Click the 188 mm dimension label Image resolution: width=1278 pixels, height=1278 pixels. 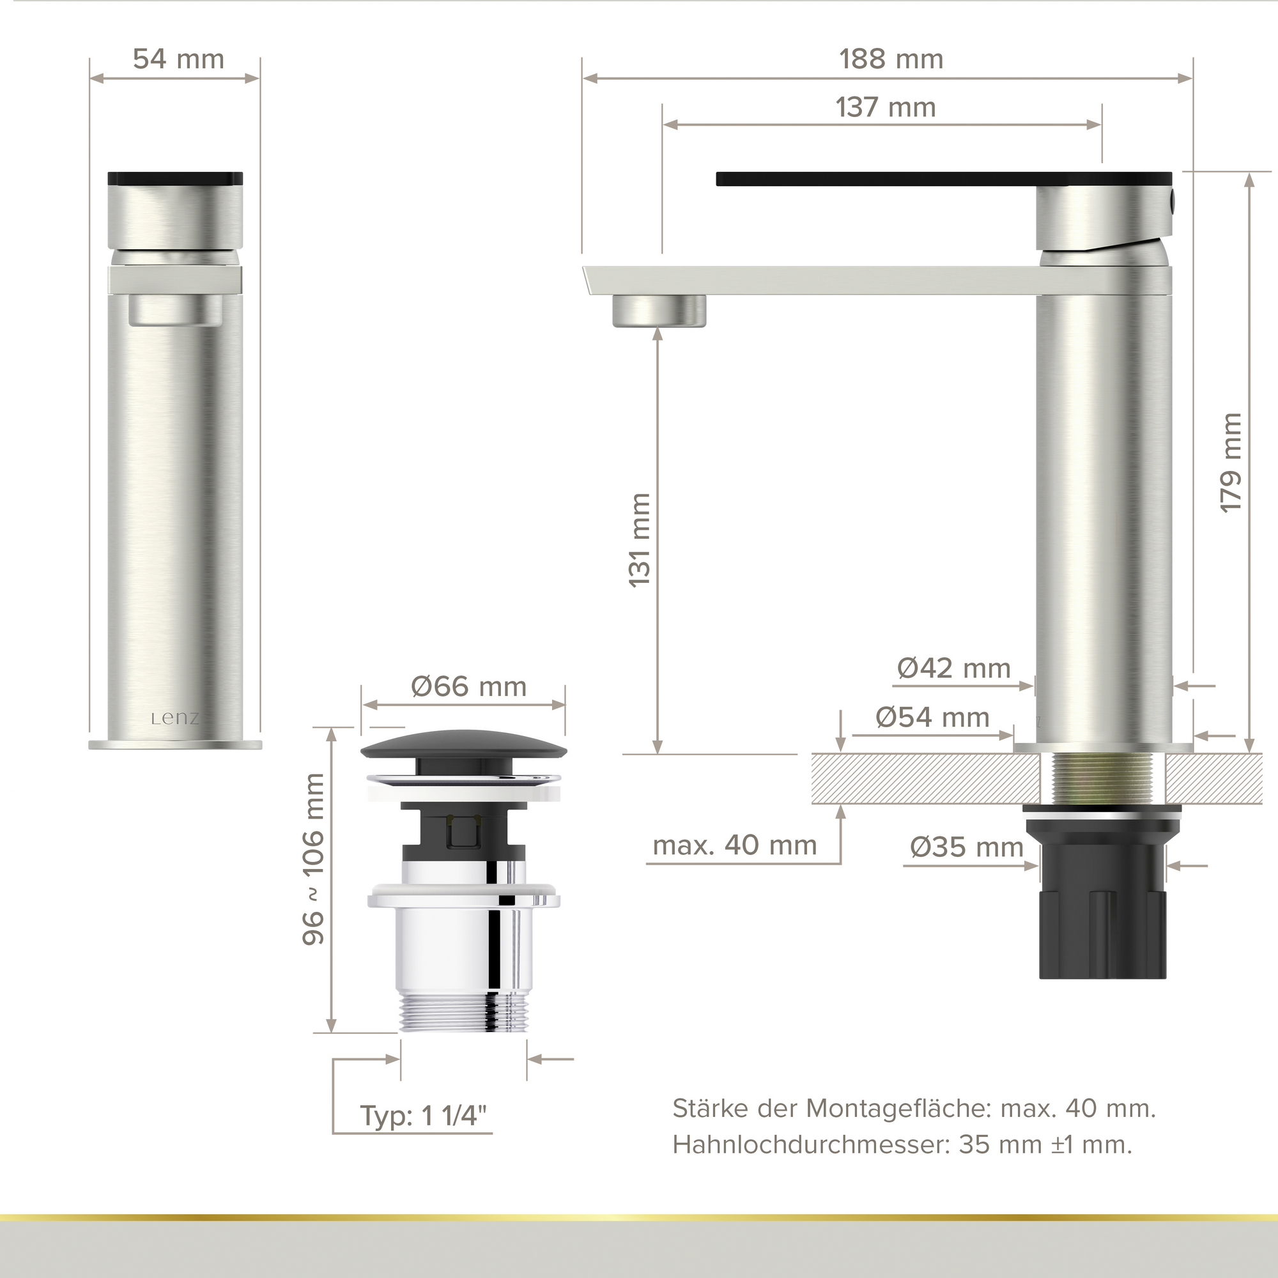891,59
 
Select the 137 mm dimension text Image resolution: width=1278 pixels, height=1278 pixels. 886,107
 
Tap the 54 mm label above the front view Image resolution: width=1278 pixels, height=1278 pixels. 179,59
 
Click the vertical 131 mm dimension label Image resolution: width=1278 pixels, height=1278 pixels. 640,540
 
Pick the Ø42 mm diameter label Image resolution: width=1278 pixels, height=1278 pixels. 954,668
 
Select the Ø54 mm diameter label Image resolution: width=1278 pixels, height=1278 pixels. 932,717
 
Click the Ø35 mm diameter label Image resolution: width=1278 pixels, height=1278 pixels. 966,847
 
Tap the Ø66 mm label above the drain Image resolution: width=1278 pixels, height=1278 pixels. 469,687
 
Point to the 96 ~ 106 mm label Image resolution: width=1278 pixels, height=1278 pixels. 314,859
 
